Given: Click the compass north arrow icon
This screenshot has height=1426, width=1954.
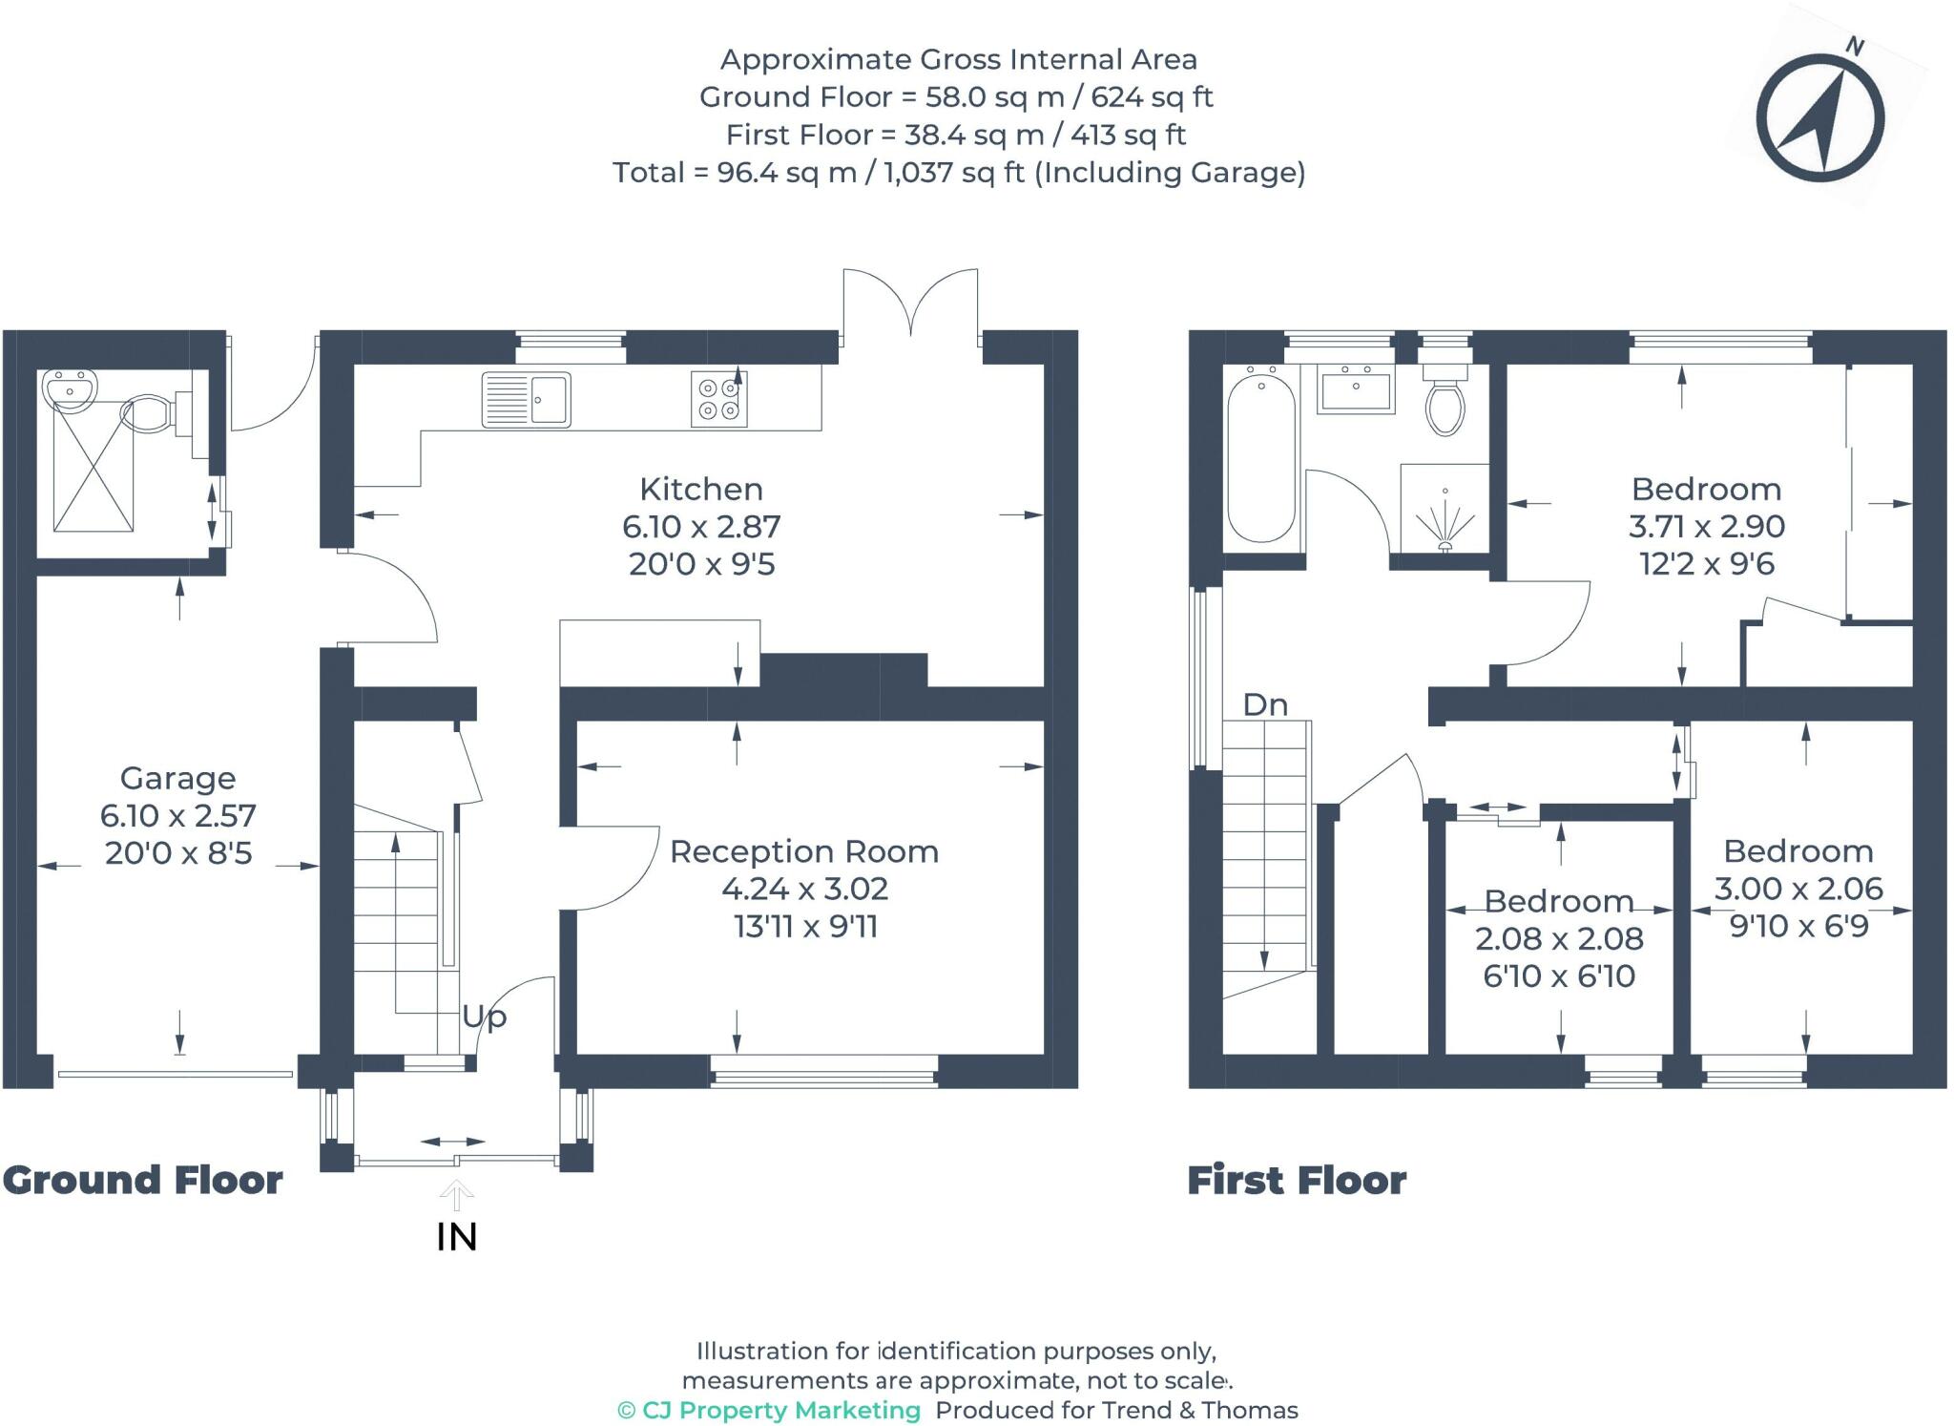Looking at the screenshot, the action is point(1820,116).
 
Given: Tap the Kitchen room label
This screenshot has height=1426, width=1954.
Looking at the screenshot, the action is point(701,489).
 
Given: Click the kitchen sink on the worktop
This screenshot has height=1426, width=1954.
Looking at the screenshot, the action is point(526,399).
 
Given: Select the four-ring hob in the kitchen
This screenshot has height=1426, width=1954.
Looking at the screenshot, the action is point(718,399).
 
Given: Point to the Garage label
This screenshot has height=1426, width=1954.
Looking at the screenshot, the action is point(178,779).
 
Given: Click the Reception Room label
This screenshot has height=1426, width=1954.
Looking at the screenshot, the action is point(804,851).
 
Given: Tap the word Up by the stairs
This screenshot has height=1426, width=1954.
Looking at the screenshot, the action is point(484,1017).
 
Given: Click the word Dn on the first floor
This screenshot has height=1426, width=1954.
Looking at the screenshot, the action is point(1265,704).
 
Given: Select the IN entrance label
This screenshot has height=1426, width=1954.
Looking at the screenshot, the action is point(456,1237).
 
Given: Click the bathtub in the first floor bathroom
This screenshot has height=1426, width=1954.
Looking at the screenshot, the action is point(1261,459).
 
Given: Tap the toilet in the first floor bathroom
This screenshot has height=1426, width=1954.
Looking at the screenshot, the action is point(1445,400).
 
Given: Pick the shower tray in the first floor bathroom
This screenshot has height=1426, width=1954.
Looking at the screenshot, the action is point(1445,509).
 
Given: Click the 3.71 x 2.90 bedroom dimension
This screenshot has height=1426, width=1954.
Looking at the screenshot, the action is point(1707,526).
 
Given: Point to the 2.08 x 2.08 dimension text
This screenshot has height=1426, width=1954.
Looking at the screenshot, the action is point(1559,939).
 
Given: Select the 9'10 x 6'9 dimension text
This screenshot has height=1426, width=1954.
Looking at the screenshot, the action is point(1798,926).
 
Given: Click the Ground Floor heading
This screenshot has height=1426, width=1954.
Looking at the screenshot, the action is point(143,1181).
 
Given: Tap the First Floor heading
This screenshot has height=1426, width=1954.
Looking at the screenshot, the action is point(1297,1181).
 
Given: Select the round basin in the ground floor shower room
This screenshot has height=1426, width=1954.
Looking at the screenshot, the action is point(69,391).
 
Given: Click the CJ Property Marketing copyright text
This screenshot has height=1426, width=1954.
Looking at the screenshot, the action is point(769,1411).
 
